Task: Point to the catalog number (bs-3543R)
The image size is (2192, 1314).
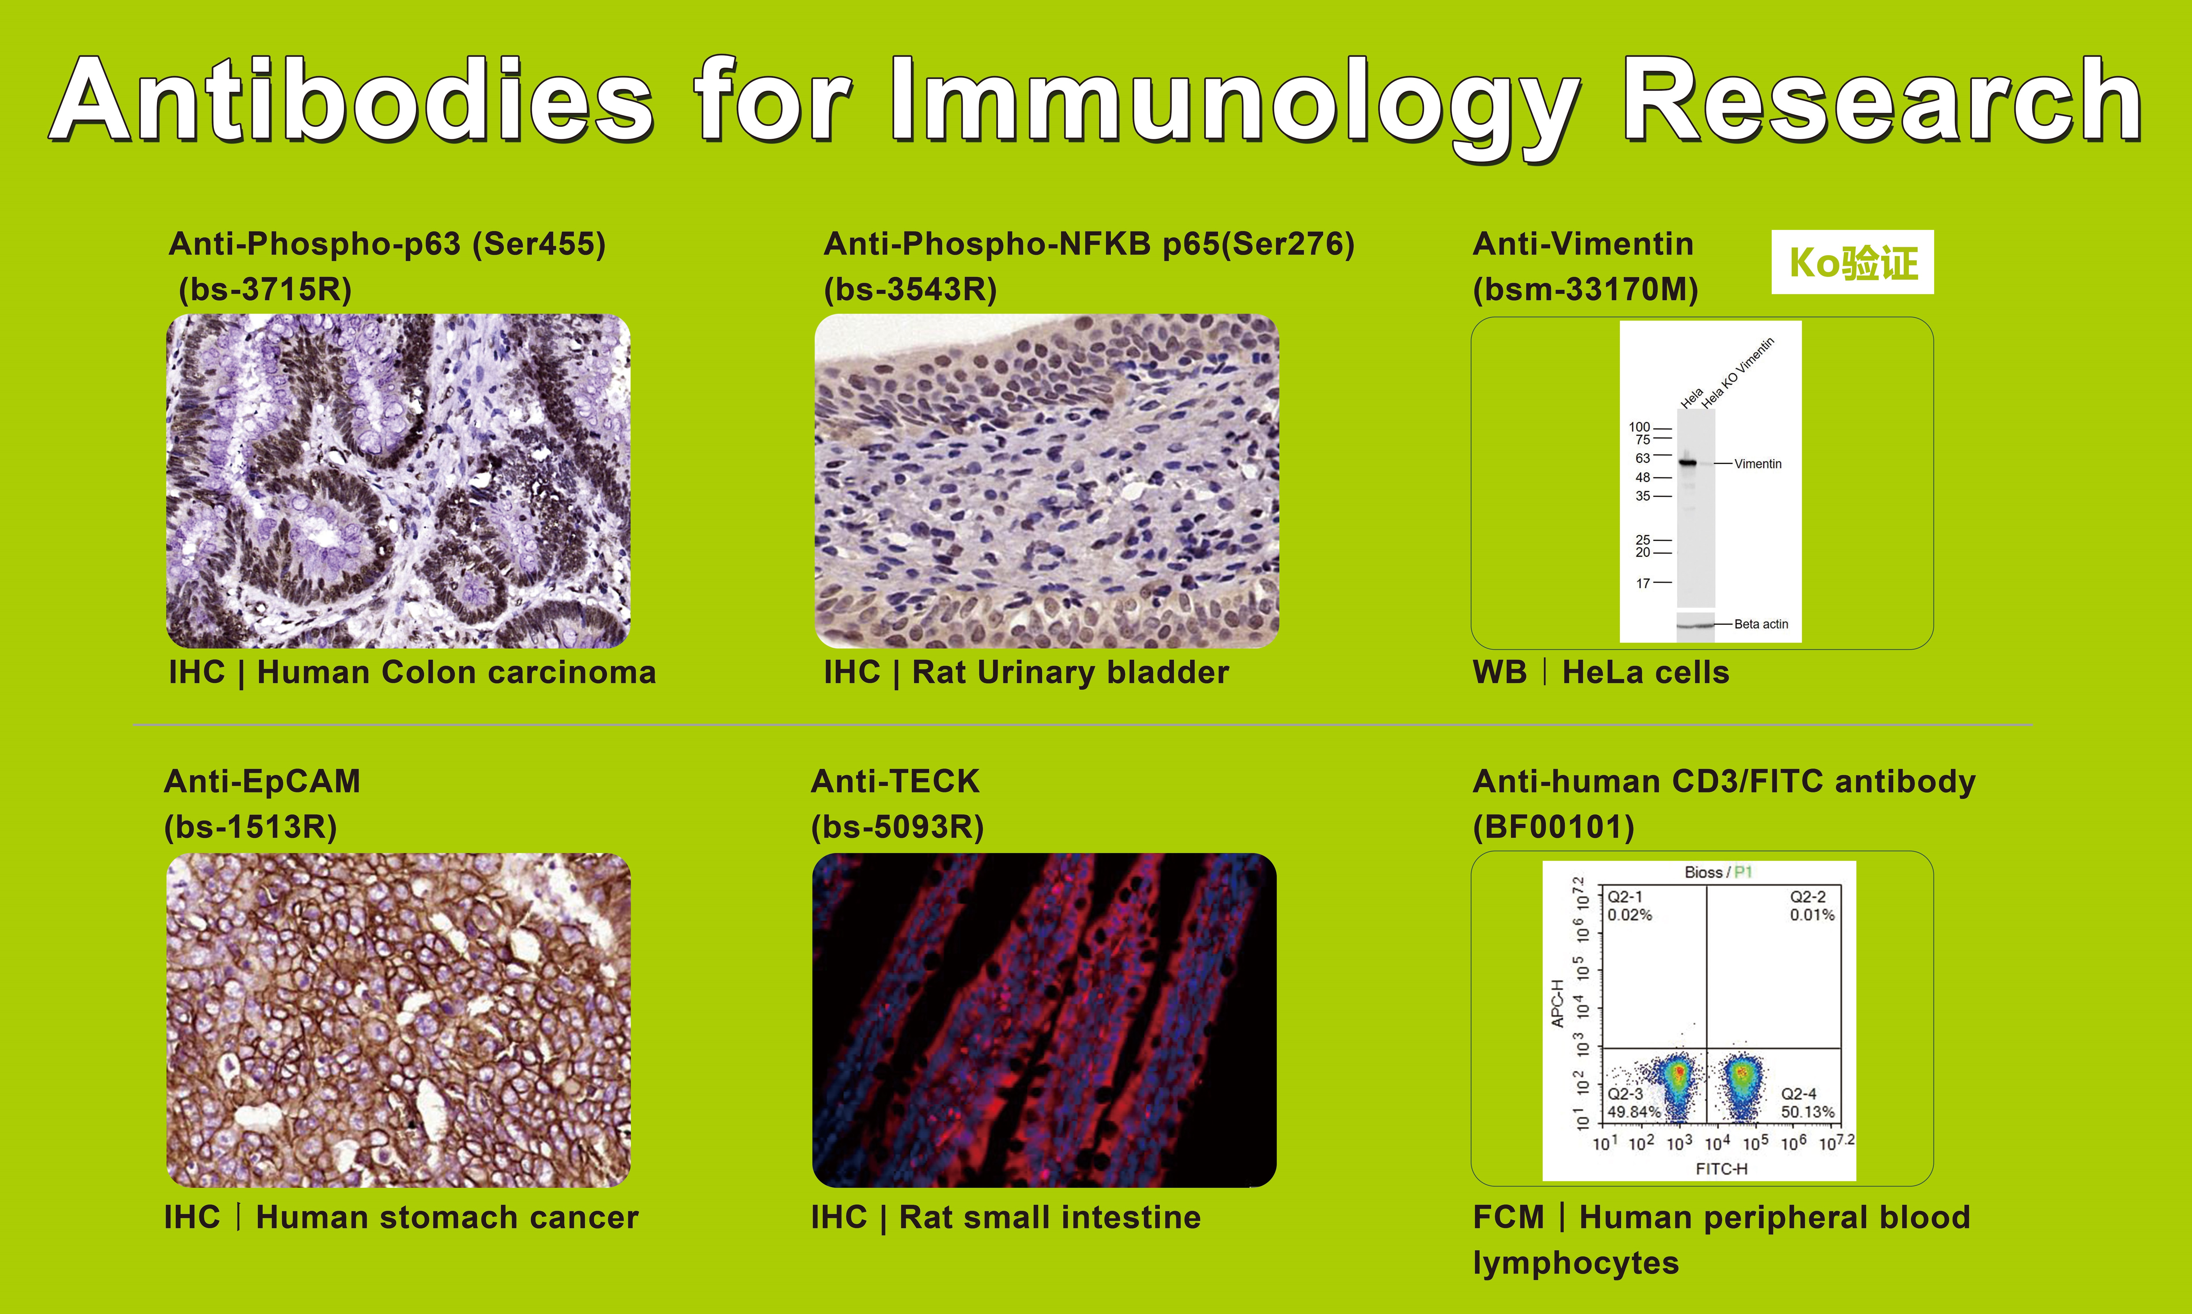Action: (910, 290)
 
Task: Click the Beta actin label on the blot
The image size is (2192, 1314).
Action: (1761, 624)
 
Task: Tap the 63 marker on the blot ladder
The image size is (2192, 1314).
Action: (1642, 458)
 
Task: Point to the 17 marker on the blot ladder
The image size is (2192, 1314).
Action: (1642, 583)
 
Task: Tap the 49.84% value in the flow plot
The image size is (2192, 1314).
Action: (1634, 1112)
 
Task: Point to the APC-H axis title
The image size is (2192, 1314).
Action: (1558, 1003)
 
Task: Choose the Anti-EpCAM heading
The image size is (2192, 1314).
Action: (262, 781)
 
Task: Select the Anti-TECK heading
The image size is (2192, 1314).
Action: (895, 781)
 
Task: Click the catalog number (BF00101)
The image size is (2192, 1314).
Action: (1554, 827)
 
